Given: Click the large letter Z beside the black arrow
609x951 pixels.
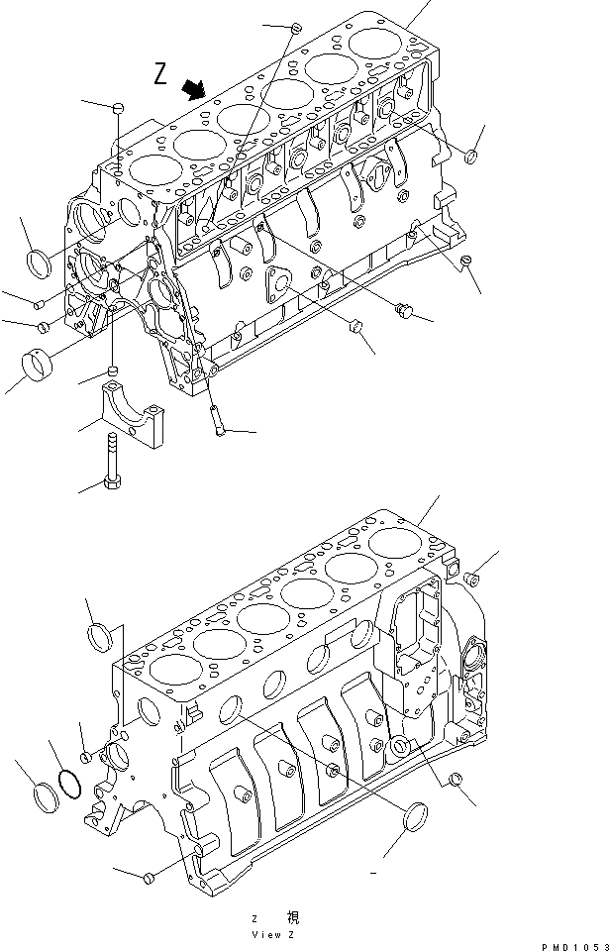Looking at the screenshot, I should [x=162, y=73].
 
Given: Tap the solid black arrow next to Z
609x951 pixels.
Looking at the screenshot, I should [x=194, y=90].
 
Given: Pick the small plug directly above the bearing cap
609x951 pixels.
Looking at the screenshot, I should [x=114, y=371].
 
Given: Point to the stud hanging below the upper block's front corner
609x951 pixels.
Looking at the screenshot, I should [x=216, y=416].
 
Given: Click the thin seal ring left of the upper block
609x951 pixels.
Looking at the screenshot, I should [x=40, y=263].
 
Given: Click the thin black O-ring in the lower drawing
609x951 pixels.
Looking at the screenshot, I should [x=68, y=783].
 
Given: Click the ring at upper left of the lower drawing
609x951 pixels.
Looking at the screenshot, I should [x=101, y=634].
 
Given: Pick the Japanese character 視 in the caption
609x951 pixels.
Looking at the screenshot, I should [x=294, y=918].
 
